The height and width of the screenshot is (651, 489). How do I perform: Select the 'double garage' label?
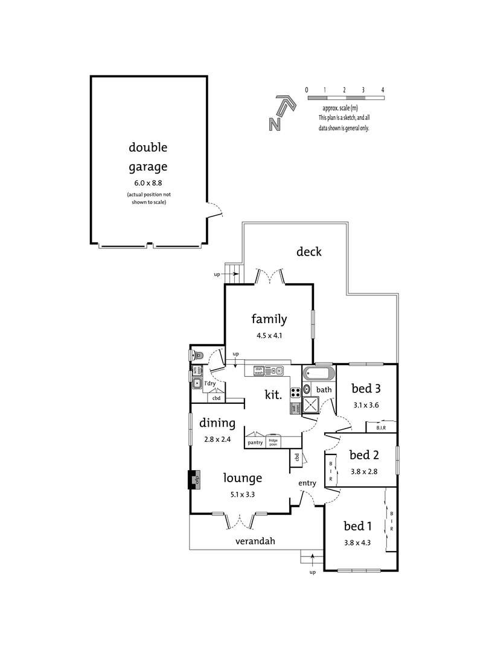(147, 157)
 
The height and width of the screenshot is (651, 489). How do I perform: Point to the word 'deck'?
(308, 251)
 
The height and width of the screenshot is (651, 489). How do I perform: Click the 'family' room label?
(269, 319)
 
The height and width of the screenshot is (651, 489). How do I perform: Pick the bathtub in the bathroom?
(318, 373)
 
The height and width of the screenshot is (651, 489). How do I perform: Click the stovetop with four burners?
(296, 392)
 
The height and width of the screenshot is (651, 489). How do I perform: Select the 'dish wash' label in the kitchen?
(258, 371)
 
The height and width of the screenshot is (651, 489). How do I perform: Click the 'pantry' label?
(254, 443)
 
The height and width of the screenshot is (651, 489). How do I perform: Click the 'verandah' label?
(255, 541)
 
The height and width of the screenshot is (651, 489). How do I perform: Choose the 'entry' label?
(307, 483)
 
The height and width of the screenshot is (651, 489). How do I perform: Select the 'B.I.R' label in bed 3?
(381, 428)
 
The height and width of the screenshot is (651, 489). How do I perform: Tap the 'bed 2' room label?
(363, 454)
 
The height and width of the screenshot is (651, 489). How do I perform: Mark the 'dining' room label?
(217, 423)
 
